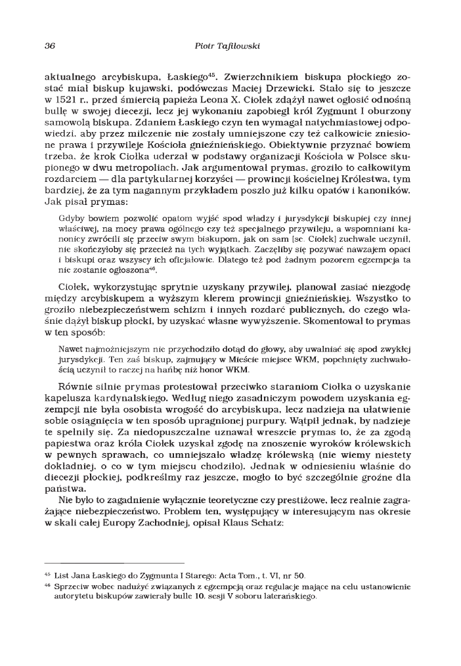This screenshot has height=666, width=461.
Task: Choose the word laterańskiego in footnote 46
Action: coord(290,598)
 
